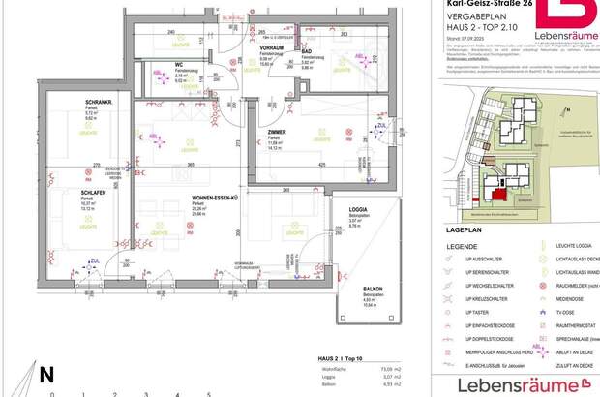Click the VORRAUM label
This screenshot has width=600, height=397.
pos(272,46)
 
